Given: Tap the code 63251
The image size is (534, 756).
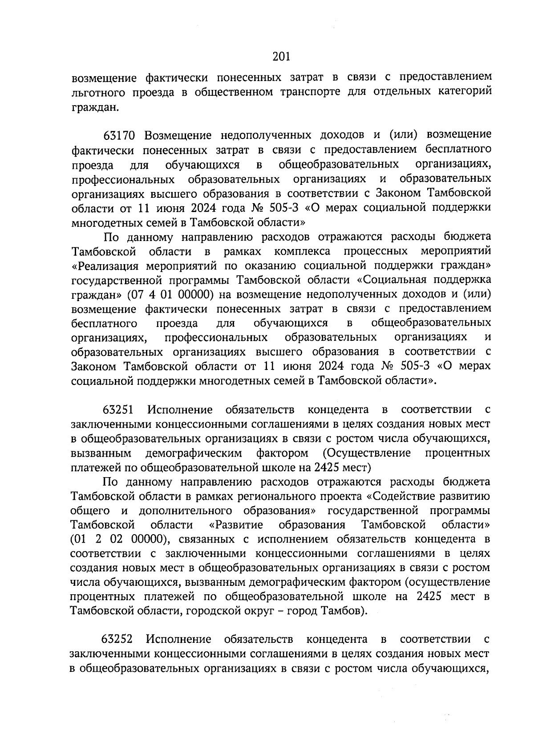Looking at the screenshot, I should tap(118, 409).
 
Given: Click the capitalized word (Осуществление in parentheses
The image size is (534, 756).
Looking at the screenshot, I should tap(367, 453).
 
